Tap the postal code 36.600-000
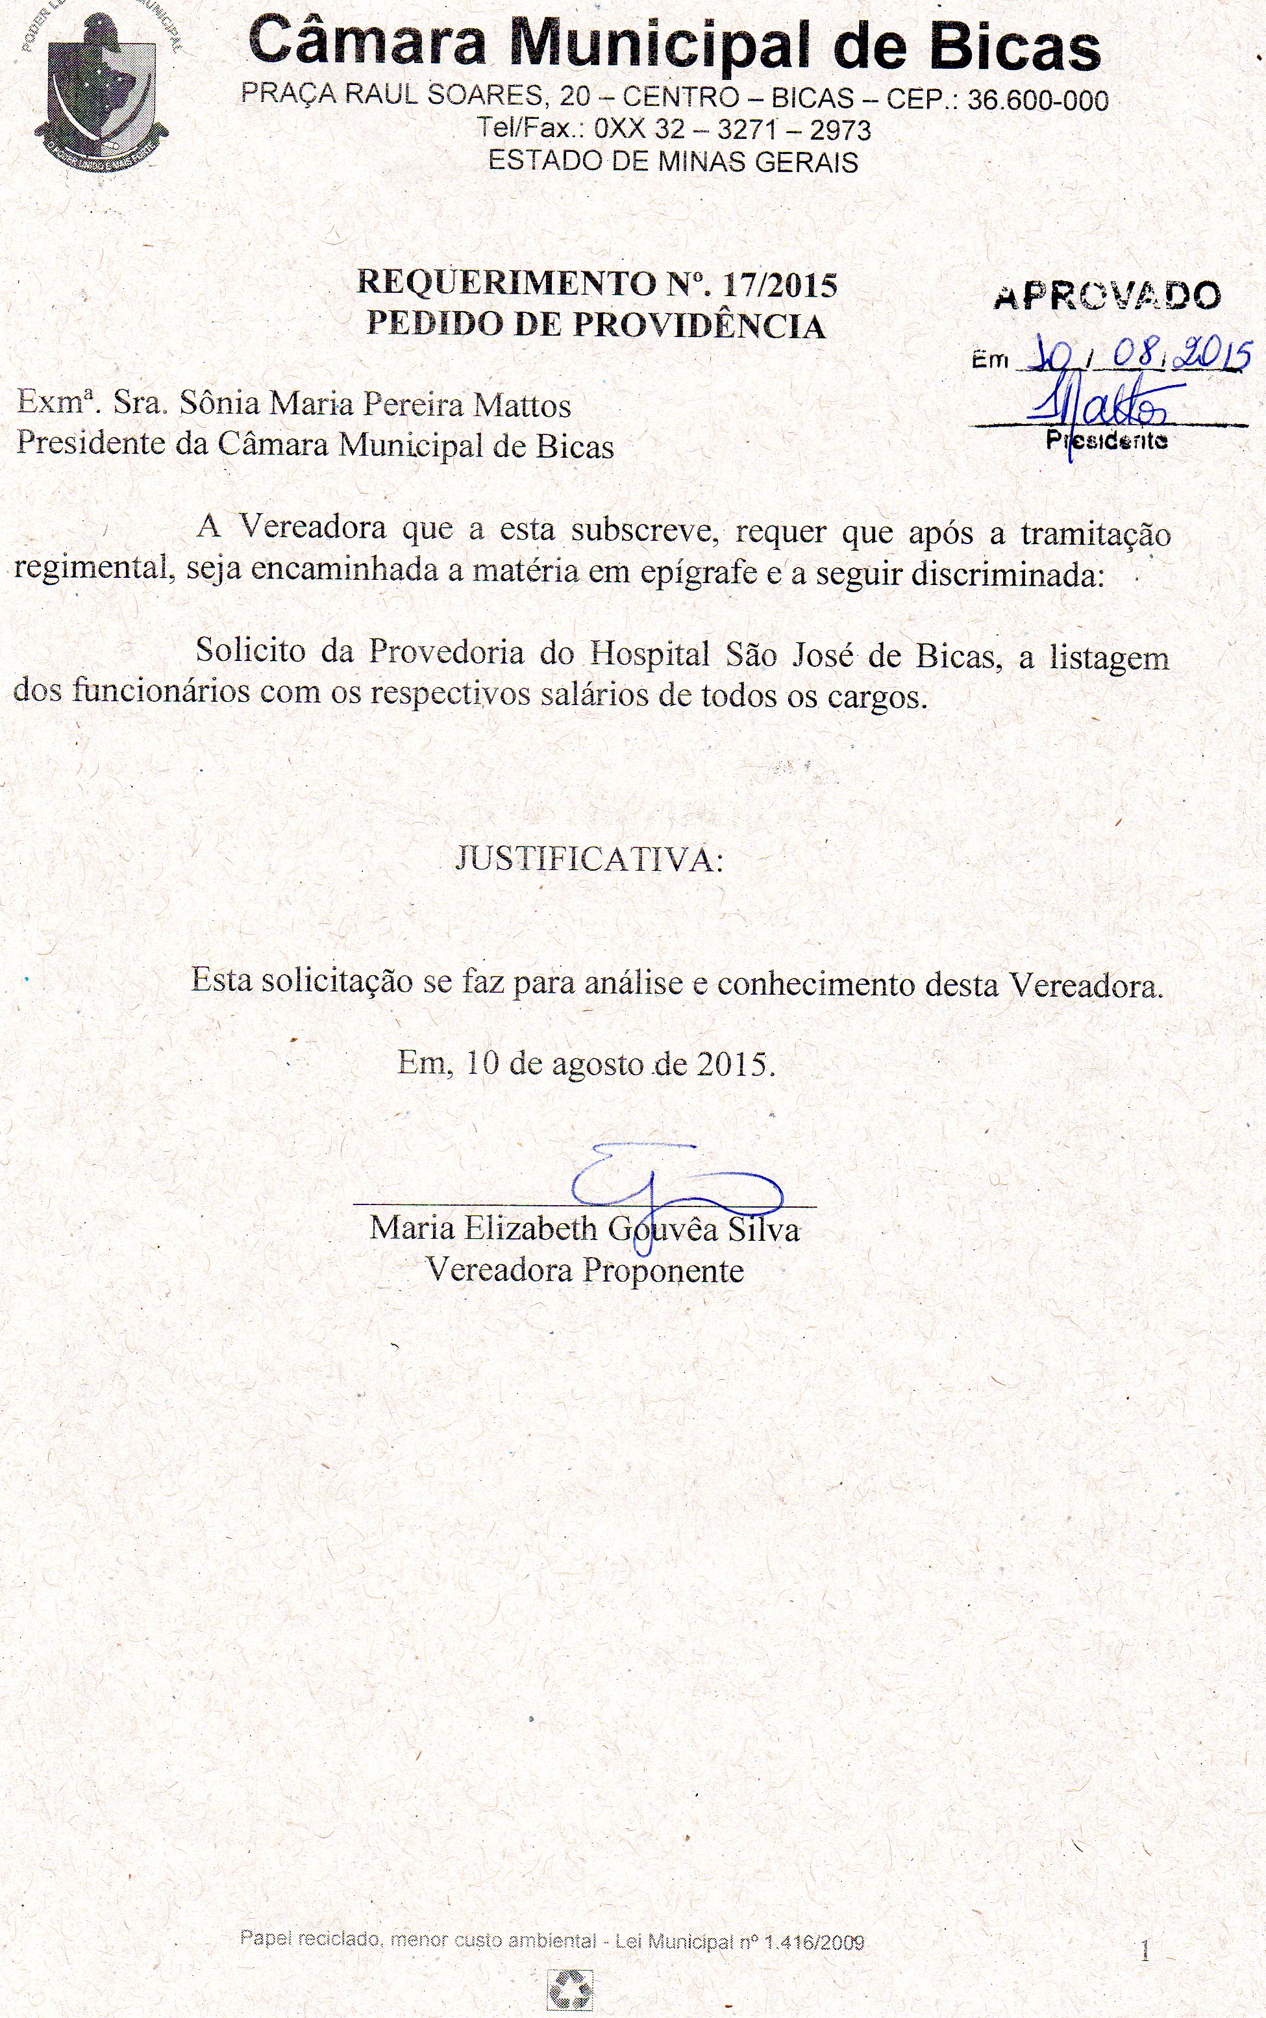tap(1037, 101)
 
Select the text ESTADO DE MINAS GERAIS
tap(673, 161)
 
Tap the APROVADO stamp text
tap(1107, 297)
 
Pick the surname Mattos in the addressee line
tap(523, 405)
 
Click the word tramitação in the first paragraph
tap(1095, 533)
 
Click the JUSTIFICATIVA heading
tap(589, 859)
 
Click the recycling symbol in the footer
tap(569, 1989)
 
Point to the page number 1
tap(1145, 1952)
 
